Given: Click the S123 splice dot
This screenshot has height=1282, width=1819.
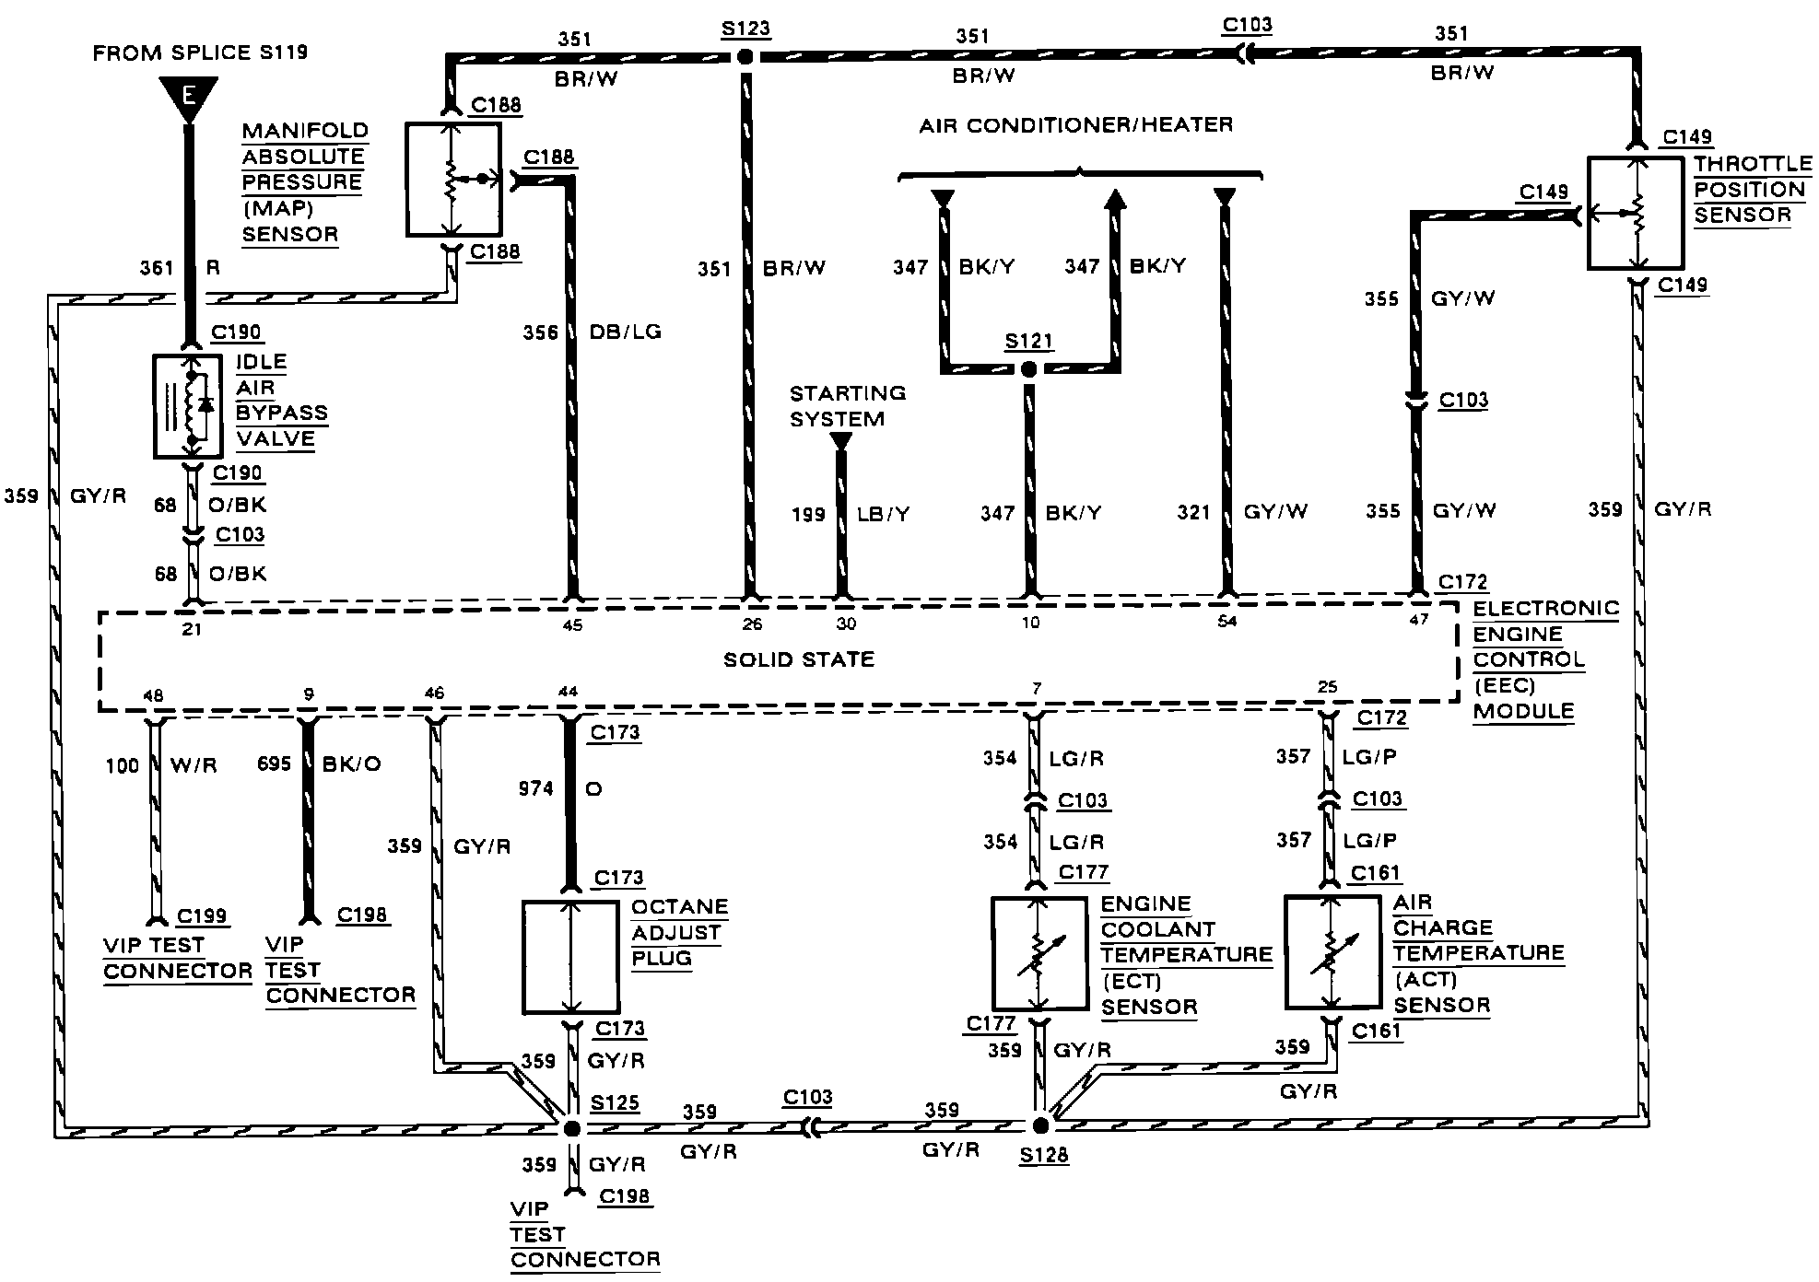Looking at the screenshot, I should pyautogui.click(x=745, y=57).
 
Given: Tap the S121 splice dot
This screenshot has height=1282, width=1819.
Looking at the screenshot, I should pyautogui.click(x=1029, y=369).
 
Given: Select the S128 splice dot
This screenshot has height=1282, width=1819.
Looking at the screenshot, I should pyautogui.click(x=1041, y=1125).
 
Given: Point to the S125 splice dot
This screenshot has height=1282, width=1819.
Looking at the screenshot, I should pyautogui.click(x=572, y=1128).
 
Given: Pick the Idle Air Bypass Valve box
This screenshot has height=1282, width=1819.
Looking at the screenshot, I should pyautogui.click(x=188, y=406).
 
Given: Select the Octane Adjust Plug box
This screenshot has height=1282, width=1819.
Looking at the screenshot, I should pyautogui.click(x=570, y=957).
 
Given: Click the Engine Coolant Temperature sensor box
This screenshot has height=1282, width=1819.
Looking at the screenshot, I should pyautogui.click(x=1039, y=953).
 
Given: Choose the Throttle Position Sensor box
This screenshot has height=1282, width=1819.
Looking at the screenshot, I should pyautogui.click(x=1636, y=214).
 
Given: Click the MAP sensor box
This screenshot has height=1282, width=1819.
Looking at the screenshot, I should pyautogui.click(x=452, y=180).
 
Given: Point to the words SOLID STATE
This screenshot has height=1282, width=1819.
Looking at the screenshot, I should pyautogui.click(x=799, y=659).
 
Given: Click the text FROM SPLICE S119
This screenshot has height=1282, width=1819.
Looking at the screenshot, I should pyautogui.click(x=201, y=52).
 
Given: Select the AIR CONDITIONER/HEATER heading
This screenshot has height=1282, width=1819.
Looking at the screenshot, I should pyautogui.click(x=1075, y=124).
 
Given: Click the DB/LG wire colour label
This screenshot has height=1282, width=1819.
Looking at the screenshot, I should pyautogui.click(x=626, y=332).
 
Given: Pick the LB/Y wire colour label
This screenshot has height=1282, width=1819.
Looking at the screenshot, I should pyautogui.click(x=883, y=514).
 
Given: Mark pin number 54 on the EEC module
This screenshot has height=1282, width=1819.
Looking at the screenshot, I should pyautogui.click(x=1226, y=623).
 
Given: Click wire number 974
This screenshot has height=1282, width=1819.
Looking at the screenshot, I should pyautogui.click(x=536, y=788).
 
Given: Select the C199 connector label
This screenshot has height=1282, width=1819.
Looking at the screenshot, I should pyautogui.click(x=203, y=915).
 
